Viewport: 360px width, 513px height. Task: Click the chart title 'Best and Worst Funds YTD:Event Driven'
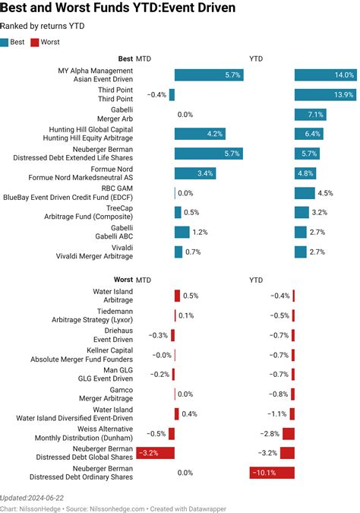click(x=118, y=8)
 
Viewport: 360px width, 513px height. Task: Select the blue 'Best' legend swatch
click(x=7, y=43)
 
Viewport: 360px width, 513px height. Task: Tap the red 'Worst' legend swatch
click(x=34, y=43)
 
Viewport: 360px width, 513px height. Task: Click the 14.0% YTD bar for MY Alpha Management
click(x=325, y=74)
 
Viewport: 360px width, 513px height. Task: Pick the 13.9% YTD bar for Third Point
click(x=325, y=94)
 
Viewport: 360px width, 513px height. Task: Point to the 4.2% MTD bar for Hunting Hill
click(x=200, y=134)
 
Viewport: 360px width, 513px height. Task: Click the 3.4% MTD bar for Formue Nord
click(x=194, y=173)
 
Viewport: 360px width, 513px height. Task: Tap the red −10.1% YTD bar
click(x=272, y=473)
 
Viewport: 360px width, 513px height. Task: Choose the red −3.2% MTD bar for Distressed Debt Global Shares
click(x=156, y=453)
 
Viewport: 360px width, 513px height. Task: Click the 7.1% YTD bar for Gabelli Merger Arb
click(x=310, y=114)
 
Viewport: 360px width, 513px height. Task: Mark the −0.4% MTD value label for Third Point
click(x=156, y=94)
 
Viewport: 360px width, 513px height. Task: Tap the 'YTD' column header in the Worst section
click(x=257, y=280)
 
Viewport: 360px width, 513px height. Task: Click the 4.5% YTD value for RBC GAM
click(x=326, y=193)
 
